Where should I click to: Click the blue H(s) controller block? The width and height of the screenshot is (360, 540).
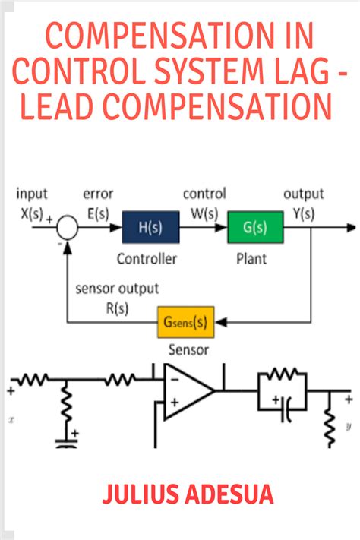[x=149, y=227]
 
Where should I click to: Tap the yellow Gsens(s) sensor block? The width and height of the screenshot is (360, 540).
[x=185, y=321]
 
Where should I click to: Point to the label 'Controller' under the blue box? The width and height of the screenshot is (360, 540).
[x=147, y=259]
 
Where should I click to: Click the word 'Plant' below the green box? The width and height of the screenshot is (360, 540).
[x=251, y=259]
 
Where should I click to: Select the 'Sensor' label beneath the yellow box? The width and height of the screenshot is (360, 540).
[x=186, y=350]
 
